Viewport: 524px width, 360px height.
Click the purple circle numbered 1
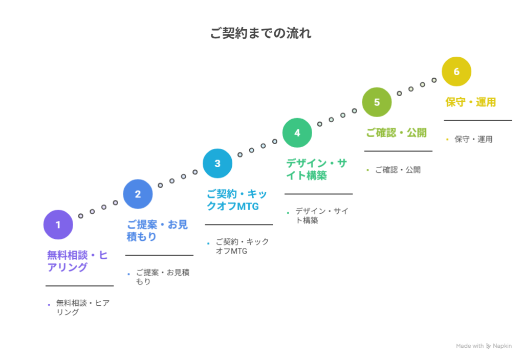58,224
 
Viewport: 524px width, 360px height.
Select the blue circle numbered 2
138,194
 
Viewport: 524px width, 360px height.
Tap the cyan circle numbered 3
217,163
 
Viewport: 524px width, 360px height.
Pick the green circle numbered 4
297,132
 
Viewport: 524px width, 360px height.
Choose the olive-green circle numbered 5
377,102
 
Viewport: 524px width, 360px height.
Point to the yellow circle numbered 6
456,71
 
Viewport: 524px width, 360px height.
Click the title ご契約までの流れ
260,33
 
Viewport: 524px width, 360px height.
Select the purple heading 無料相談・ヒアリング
77,261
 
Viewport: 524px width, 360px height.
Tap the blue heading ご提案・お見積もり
157,230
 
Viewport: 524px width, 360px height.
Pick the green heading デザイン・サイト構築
316,169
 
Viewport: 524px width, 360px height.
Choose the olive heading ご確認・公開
396,132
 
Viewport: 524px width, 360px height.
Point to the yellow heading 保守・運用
471,102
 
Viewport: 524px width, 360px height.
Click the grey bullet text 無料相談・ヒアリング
82,307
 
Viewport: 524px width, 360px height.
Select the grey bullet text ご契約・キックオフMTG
242,246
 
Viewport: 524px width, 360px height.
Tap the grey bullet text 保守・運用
473,139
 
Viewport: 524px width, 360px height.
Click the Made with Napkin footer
484,346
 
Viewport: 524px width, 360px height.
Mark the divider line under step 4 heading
318,194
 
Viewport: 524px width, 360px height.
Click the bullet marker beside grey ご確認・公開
367,170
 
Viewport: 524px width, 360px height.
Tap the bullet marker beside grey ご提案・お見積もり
128,274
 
